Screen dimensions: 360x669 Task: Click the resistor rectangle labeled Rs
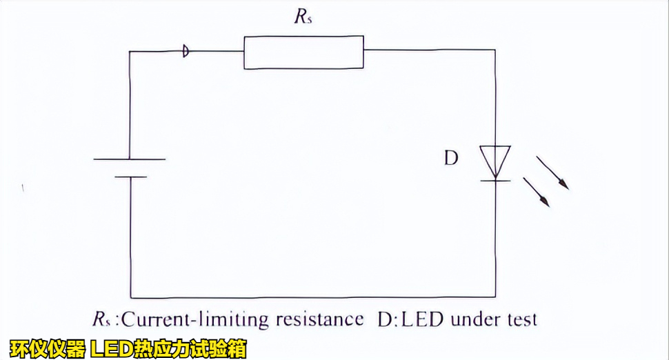click(x=303, y=53)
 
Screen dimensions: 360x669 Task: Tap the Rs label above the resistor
click(x=303, y=17)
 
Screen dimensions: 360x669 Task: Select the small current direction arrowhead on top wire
click(x=186, y=50)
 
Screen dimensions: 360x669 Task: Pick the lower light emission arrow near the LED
click(x=536, y=192)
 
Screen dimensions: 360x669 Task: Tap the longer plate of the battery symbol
click(x=130, y=159)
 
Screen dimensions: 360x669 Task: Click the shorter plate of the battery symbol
click(x=130, y=177)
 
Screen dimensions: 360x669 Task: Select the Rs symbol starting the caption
click(x=101, y=320)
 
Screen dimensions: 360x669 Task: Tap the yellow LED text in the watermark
click(x=106, y=349)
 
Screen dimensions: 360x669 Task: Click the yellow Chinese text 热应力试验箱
click(x=184, y=349)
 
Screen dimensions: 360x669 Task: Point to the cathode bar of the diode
click(x=495, y=181)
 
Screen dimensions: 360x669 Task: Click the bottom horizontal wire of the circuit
click(x=310, y=297)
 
